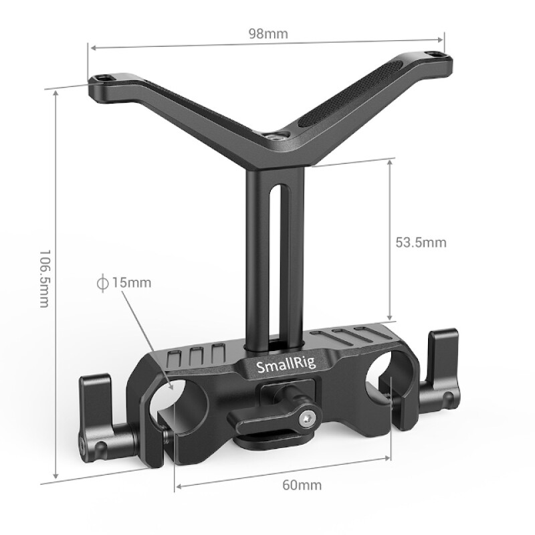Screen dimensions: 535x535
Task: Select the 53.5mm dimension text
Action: tap(420, 242)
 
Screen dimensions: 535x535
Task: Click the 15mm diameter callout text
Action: tap(132, 282)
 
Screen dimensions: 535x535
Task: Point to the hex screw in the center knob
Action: tap(306, 419)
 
